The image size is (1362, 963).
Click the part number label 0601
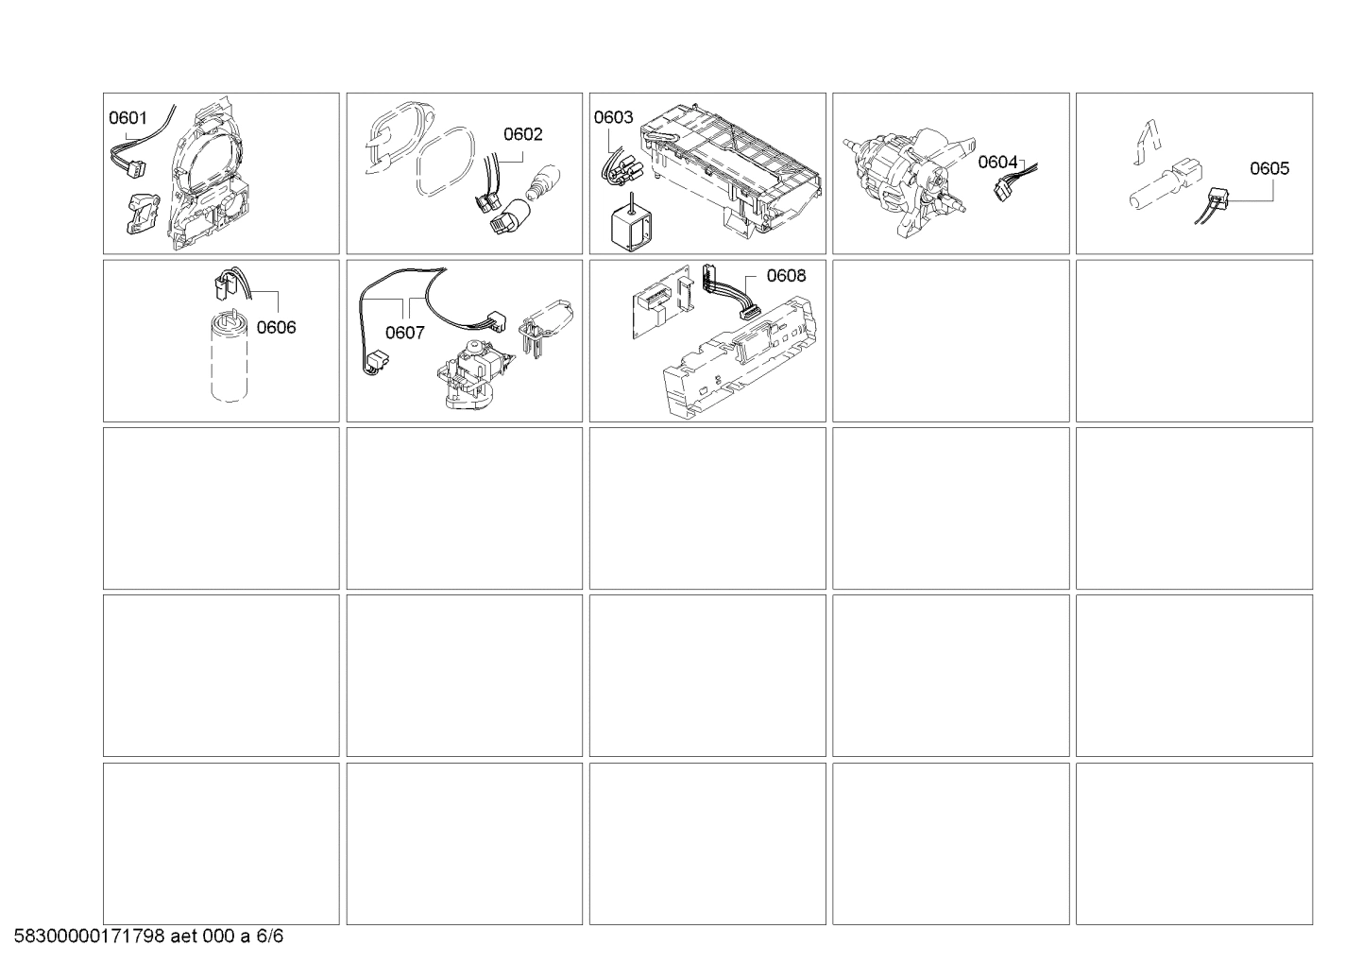128,117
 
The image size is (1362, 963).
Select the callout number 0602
523,134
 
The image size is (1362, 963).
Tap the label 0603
613,117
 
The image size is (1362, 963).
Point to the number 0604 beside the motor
997,162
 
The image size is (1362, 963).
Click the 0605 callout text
1269,168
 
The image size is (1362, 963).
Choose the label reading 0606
276,327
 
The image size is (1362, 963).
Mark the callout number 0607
405,333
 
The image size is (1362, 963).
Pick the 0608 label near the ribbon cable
786,276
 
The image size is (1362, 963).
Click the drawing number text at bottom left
149,936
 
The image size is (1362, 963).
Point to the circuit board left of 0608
664,301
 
